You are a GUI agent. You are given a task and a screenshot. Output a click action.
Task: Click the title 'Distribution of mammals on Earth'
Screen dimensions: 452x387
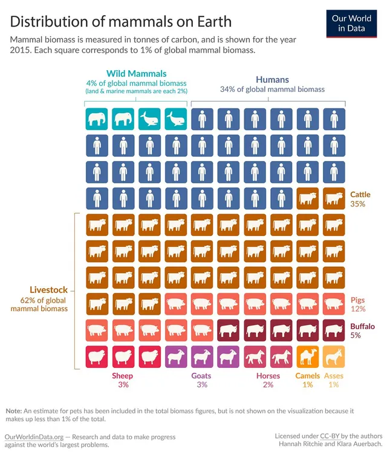tap(121, 22)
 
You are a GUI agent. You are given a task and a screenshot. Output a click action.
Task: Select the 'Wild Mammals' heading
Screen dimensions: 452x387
tap(136, 73)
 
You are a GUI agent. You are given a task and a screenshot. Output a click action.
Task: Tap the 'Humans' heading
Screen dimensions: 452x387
tap(272, 79)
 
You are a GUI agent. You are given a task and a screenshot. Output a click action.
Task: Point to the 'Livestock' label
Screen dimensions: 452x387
tap(49, 290)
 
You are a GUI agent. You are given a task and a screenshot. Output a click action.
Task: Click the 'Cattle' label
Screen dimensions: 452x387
tap(361, 195)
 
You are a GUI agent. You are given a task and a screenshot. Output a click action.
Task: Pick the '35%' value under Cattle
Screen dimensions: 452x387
tap(358, 205)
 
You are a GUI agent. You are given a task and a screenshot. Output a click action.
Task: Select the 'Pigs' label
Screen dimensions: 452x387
tap(357, 300)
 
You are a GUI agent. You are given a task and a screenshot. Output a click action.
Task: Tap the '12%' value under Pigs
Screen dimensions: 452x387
tap(358, 309)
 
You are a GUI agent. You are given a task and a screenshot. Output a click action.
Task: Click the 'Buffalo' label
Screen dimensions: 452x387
tap(362, 326)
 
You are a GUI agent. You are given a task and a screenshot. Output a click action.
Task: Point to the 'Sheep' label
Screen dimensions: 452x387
tap(123, 376)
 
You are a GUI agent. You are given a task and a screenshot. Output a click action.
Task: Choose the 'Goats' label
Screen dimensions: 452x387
tap(202, 376)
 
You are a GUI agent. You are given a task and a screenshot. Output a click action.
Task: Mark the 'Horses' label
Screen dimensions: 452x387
tap(268, 376)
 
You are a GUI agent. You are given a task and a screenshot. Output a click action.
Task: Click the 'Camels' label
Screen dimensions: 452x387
tap(307, 376)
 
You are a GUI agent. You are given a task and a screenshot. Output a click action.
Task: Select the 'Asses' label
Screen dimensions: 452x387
tap(334, 376)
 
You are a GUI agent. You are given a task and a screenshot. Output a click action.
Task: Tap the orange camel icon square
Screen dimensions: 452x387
tap(307, 356)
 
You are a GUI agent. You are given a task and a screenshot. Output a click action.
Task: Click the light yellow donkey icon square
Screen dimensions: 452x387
tap(334, 356)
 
